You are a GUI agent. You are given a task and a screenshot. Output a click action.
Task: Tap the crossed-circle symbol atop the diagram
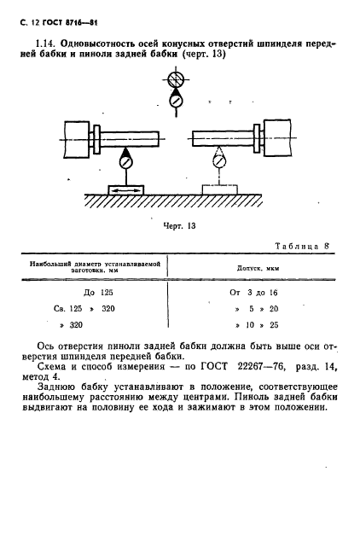click(177, 81)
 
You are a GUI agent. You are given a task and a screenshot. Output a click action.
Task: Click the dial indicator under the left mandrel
click(126, 160)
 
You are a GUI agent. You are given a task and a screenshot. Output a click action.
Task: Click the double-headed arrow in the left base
click(125, 189)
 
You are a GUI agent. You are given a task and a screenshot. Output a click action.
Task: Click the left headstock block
click(76, 137)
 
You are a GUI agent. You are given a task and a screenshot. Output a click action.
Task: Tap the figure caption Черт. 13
click(180, 226)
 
